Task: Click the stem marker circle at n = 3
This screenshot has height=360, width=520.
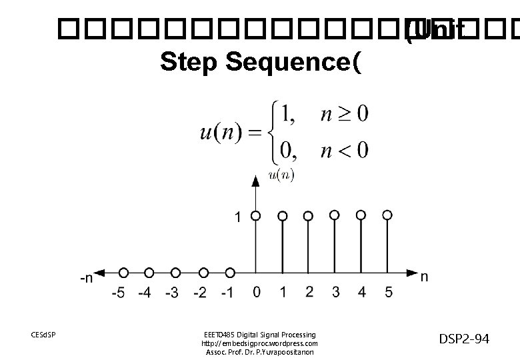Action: pyautogui.click(x=335, y=215)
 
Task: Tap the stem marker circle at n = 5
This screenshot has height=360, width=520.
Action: pyautogui.click(x=387, y=215)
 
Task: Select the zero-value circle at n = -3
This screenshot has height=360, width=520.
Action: pyautogui.click(x=175, y=272)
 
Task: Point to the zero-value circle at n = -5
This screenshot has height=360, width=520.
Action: pyautogui.click(x=123, y=272)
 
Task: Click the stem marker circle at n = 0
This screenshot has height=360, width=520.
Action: pyautogui.click(x=256, y=215)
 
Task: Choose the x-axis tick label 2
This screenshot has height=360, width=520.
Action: pyautogui.click(x=309, y=291)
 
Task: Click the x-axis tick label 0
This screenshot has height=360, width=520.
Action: pyautogui.click(x=257, y=291)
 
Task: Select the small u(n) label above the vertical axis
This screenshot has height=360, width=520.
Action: pyautogui.click(x=281, y=175)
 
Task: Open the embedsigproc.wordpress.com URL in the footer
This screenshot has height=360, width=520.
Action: pyautogui.click(x=260, y=343)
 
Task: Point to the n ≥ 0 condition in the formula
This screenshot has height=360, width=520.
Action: pyautogui.click(x=343, y=114)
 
